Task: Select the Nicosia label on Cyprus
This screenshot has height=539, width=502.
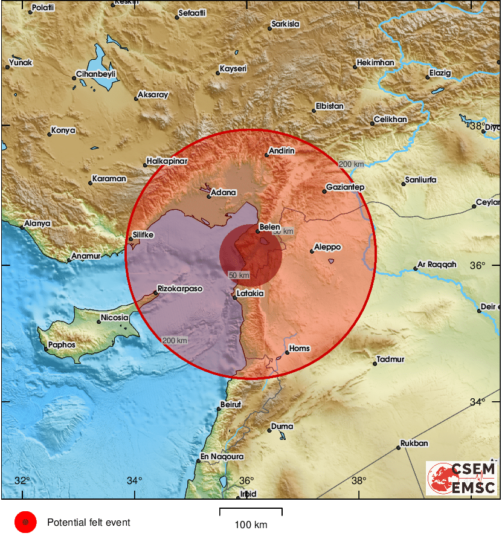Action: [115, 317]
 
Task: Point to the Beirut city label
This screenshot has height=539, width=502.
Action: [231, 404]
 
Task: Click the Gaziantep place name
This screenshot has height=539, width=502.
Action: [345, 187]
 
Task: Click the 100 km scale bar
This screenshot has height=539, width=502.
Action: [251, 512]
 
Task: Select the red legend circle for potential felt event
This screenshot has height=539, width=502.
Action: [25, 522]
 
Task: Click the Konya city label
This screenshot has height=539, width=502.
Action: [63, 130]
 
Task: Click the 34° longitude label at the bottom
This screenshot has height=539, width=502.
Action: [135, 480]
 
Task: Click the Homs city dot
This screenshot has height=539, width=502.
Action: [287, 352]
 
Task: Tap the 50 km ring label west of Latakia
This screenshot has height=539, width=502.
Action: [239, 276]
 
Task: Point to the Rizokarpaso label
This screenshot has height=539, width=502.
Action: [180, 289]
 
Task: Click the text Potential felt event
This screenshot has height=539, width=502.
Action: [88, 523]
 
